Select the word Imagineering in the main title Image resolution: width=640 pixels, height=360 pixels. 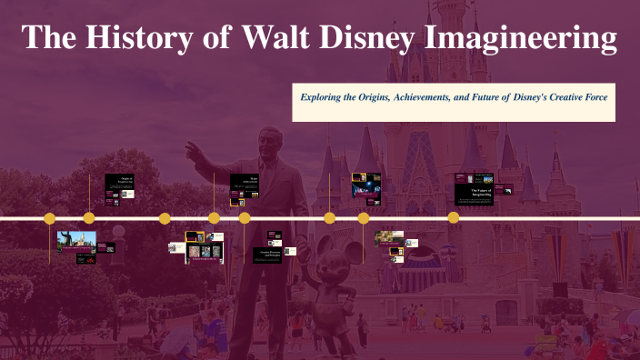(x=524, y=39)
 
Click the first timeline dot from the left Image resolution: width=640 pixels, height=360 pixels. (x=50, y=218)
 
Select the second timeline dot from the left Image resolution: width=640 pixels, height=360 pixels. (x=89, y=218)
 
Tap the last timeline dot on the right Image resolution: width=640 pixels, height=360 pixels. (x=454, y=218)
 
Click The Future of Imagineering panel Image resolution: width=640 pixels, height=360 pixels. (x=474, y=189)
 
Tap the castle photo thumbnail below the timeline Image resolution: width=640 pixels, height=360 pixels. (x=76, y=242)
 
